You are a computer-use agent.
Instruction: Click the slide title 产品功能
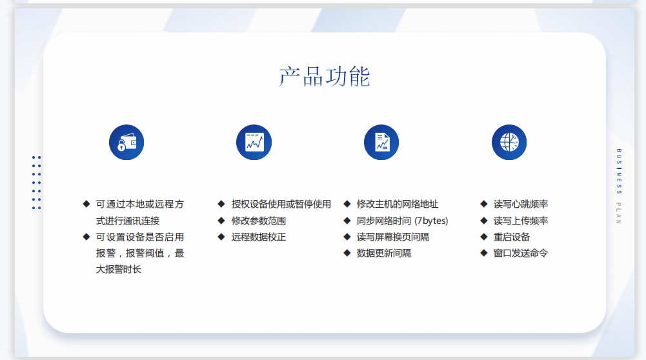click(324, 77)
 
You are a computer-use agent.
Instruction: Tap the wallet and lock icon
click(126, 143)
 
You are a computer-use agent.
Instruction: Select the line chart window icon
click(254, 143)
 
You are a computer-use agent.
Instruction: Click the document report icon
click(381, 143)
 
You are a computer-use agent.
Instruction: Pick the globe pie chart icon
click(509, 143)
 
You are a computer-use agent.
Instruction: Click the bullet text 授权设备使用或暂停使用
click(281, 205)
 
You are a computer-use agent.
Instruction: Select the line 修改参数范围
click(259, 221)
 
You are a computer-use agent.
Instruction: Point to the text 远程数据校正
click(259, 237)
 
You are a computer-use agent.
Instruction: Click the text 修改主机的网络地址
click(397, 205)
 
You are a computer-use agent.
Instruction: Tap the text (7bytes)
click(431, 221)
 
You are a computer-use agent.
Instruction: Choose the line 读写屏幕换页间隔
click(392, 237)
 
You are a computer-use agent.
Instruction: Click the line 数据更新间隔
click(383, 254)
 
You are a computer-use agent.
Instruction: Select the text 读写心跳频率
click(521, 205)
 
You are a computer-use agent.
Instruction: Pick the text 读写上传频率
click(521, 221)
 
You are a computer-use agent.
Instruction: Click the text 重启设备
click(512, 237)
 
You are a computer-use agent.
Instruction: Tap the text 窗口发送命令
click(521, 254)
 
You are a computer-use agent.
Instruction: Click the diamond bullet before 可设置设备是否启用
click(86, 237)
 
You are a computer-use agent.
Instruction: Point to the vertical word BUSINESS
click(619, 172)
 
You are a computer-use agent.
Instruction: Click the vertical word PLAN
click(619, 213)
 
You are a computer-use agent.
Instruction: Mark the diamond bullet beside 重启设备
click(484, 237)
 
